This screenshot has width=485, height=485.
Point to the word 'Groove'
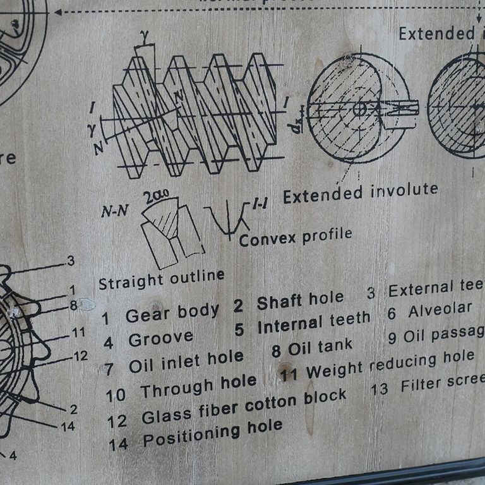(x=160, y=339)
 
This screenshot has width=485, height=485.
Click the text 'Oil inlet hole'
(x=186, y=361)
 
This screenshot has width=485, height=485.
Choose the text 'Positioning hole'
(x=212, y=433)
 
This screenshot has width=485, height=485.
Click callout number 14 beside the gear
(x=68, y=426)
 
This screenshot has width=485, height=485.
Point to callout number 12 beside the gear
(x=80, y=356)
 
